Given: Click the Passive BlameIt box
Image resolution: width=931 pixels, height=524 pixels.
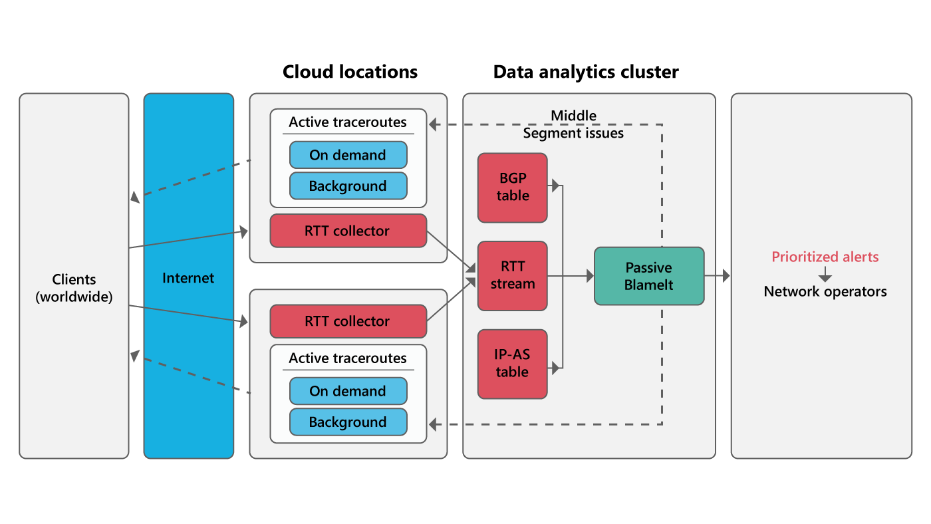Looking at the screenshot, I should [x=648, y=276].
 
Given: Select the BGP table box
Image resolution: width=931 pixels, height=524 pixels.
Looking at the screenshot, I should [x=512, y=188].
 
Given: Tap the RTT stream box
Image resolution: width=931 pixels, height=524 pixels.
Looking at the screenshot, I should [x=512, y=275].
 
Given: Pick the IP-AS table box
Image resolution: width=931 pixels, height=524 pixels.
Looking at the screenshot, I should [x=512, y=364].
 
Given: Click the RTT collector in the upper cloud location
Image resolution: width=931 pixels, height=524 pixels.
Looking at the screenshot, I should [x=348, y=231].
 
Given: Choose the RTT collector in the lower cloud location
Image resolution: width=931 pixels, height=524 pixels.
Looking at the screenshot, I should [x=348, y=321].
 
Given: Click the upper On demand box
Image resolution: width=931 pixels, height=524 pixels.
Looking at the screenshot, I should [x=348, y=155].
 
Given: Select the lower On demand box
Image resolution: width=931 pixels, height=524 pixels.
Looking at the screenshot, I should [x=348, y=391].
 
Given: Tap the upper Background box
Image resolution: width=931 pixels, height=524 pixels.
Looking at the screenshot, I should [x=348, y=186].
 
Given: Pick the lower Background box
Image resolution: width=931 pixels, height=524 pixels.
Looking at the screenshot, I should [x=348, y=422].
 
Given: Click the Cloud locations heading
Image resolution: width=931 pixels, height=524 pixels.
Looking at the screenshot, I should [x=350, y=72].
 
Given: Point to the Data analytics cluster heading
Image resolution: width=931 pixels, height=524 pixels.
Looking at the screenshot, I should [x=586, y=72].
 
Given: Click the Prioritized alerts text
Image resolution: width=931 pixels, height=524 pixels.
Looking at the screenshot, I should [x=825, y=257].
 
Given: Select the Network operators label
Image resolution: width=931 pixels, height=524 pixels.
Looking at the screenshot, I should [x=825, y=291].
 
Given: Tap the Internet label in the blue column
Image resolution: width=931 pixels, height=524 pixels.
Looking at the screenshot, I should [x=188, y=278].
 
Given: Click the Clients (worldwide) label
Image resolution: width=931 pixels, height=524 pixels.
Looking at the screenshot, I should [x=74, y=288].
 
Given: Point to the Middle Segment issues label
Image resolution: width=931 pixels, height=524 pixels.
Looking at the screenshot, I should [x=573, y=124].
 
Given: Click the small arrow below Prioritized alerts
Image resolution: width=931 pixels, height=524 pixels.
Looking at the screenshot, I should [x=825, y=274].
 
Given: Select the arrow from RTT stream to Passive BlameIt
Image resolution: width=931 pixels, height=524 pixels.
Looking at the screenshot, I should [x=571, y=275].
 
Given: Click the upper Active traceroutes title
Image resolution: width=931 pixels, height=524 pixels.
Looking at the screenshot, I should [x=348, y=122].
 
